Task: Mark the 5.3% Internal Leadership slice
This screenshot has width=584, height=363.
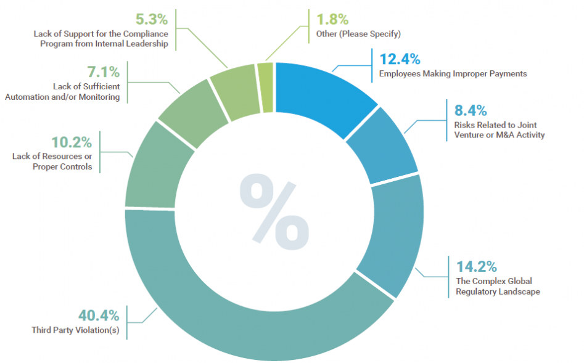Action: [x=234, y=91]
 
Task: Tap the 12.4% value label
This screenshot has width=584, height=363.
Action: [x=400, y=60]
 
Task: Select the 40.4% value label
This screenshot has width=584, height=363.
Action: [x=98, y=316]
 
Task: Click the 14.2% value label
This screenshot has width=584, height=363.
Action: [x=476, y=267]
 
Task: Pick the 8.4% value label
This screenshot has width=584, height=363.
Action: [x=471, y=111]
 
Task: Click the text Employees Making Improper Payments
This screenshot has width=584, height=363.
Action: [x=453, y=74]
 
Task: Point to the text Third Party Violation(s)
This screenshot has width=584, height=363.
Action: [x=75, y=330]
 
